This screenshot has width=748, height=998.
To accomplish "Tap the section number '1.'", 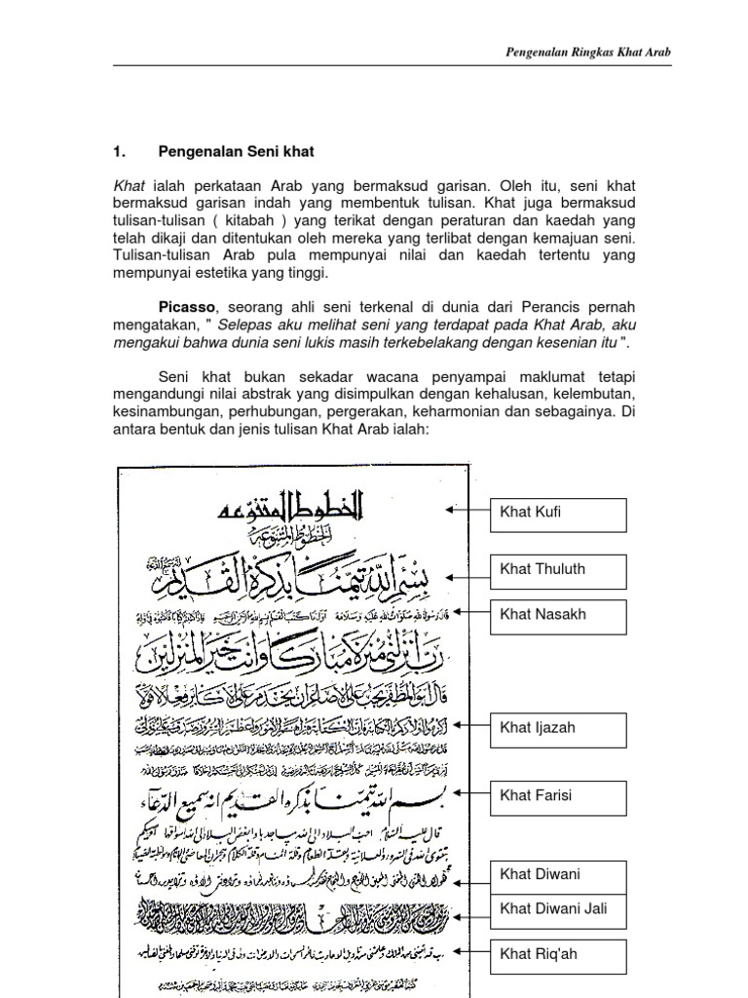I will coord(121,152).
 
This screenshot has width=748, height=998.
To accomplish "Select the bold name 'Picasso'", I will coord(190,304).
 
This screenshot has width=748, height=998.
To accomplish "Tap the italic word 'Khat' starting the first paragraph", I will coord(129,184).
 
